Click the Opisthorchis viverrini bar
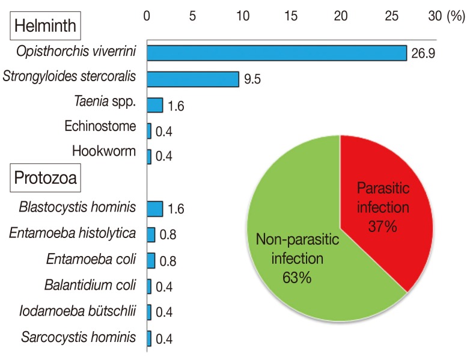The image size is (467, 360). tap(276, 53)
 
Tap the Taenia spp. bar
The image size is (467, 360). tap(154, 105)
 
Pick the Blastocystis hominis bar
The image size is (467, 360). tap(154, 209)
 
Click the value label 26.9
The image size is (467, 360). tap(423, 54)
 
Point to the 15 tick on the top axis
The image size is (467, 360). tap(292, 17)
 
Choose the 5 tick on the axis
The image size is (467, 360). tap(192, 17)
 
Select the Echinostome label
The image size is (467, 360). tap(99, 127)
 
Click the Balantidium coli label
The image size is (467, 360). tap(90, 284)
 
